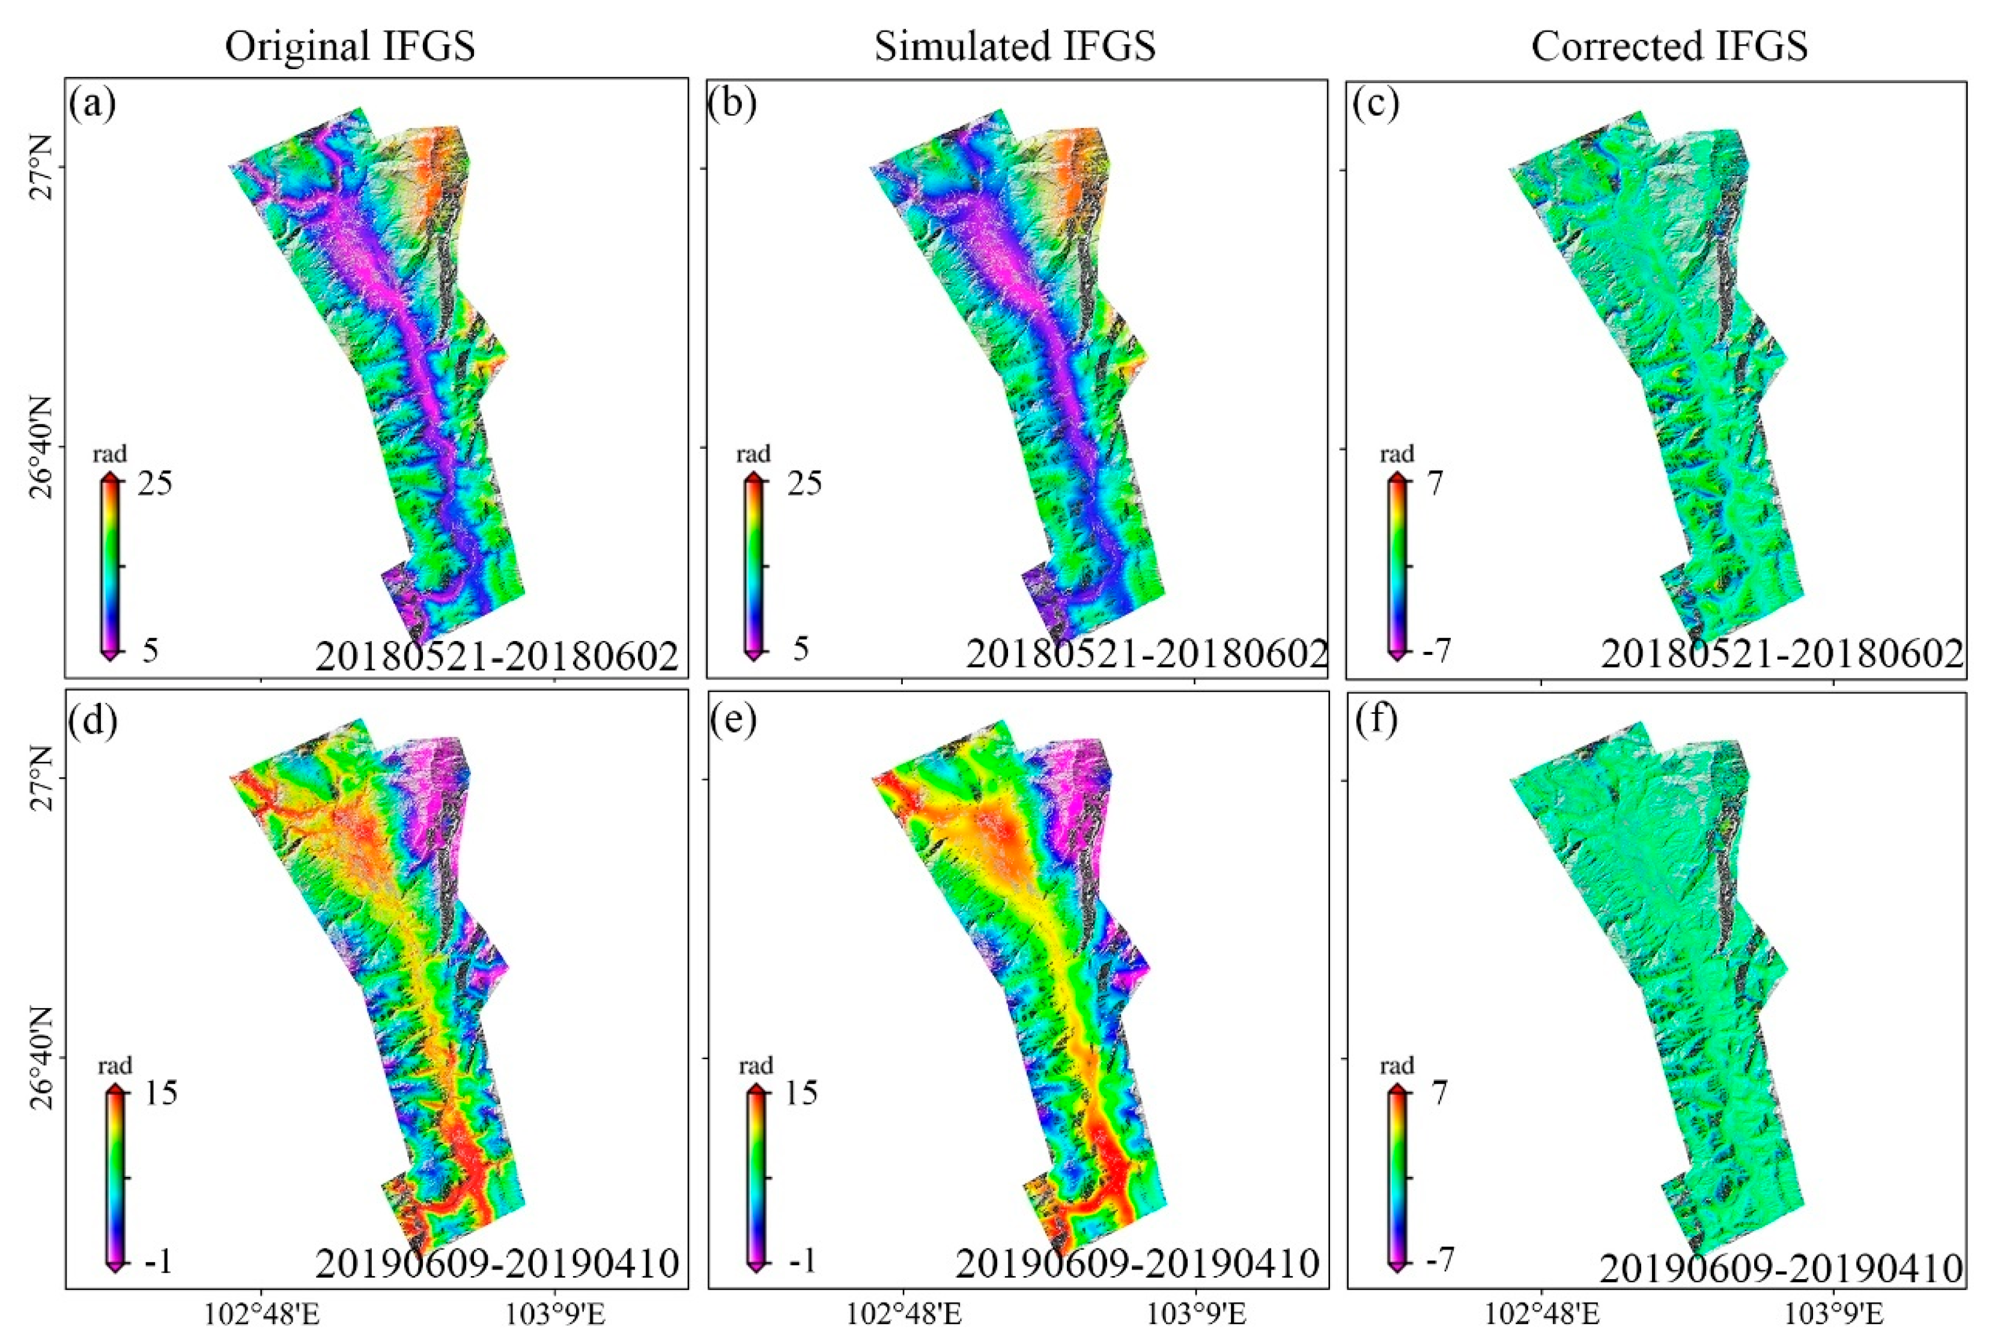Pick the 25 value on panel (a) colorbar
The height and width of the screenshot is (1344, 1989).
tap(154, 484)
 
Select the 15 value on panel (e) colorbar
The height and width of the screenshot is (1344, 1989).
tap(801, 1093)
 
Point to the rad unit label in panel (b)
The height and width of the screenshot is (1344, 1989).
tap(754, 454)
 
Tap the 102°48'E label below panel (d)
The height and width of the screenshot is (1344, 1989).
tap(262, 1314)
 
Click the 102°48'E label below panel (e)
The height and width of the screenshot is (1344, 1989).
tap(903, 1314)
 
